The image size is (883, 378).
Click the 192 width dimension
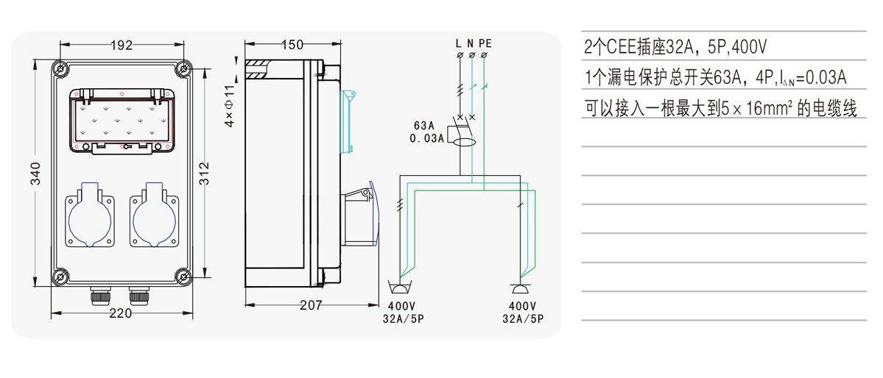tap(122, 45)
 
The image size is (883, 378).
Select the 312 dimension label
tap(205, 174)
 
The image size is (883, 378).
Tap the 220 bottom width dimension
tap(120, 313)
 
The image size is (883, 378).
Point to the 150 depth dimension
tap(292, 45)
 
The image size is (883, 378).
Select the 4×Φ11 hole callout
tap(229, 106)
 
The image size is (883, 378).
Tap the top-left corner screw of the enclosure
tap(61, 69)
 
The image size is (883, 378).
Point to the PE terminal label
tap(485, 44)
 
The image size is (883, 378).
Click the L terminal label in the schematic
tap(460, 44)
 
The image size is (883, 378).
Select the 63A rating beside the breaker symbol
tap(426, 125)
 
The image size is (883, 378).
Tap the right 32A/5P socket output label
tap(522, 319)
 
